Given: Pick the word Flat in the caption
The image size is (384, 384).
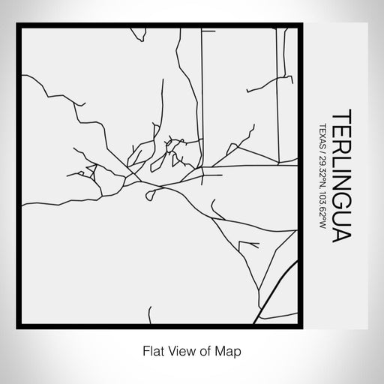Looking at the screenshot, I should [x=153, y=350].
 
